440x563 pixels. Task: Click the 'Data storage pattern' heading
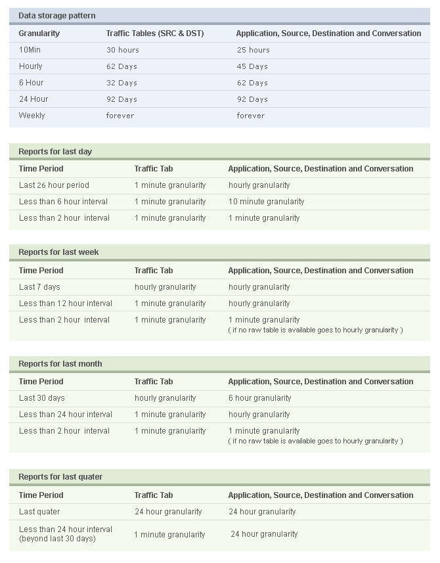coord(56,16)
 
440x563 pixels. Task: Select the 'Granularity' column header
coord(39,34)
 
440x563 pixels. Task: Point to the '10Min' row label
coord(30,50)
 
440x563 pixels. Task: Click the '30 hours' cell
coord(123,50)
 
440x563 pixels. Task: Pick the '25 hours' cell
coord(253,50)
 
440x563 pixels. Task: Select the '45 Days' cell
coord(252,66)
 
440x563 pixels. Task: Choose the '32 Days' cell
coord(121,83)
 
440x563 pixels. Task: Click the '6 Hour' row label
coord(31,83)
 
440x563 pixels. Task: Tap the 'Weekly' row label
coord(32,116)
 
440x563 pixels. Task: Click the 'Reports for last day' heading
coord(55,152)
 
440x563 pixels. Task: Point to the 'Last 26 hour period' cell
coord(54,185)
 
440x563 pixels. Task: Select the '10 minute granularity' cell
coord(266,202)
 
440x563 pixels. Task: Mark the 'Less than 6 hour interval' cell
coord(63,202)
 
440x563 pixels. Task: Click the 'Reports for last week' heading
coord(58,252)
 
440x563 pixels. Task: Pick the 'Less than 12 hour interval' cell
coord(65,304)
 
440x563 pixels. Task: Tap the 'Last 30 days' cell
coord(41,398)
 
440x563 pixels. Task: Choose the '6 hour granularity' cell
coord(259,398)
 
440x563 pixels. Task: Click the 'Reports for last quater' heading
coord(60,477)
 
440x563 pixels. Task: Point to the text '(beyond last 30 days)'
coord(57,539)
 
